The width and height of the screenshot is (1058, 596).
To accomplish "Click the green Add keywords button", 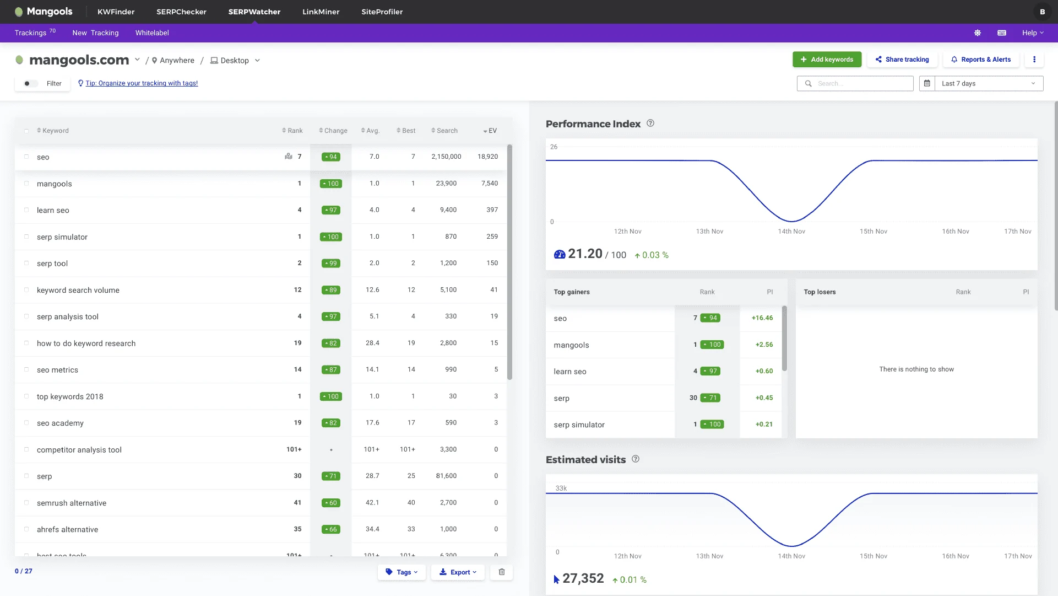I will (827, 60).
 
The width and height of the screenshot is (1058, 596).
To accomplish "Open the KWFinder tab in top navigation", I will (116, 12).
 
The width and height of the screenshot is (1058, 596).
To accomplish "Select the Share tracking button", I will (902, 60).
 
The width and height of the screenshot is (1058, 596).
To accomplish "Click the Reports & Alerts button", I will (981, 60).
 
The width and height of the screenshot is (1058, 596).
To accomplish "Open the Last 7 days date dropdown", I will (988, 84).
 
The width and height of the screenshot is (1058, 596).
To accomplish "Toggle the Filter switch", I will (30, 84).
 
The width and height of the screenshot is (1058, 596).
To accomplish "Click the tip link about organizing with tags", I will (142, 83).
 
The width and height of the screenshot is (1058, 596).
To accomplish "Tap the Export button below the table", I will (458, 572).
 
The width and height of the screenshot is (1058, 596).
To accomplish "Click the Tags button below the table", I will (402, 572).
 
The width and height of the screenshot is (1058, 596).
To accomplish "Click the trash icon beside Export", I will (502, 572).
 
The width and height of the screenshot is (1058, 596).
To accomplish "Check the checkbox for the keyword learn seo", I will (26, 210).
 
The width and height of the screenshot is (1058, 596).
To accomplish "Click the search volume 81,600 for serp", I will (446, 476).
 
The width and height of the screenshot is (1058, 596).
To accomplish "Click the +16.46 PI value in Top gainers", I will (762, 318).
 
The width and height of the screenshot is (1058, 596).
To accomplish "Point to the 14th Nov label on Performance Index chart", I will (791, 232).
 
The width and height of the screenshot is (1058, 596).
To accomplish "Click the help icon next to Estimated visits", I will (636, 459).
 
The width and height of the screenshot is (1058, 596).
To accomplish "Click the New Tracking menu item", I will (95, 33).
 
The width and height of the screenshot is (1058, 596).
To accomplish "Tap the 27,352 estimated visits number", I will (583, 579).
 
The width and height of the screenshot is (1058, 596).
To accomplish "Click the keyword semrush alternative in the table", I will (72, 503).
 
